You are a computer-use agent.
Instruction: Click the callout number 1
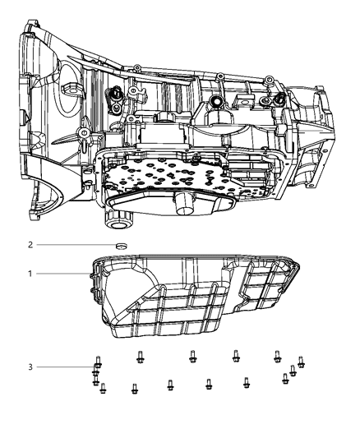(30, 274)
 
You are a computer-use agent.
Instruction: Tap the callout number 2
(30, 245)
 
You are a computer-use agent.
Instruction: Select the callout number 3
(30, 367)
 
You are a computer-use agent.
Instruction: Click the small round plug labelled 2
(121, 246)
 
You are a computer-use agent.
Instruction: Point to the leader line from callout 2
(76, 245)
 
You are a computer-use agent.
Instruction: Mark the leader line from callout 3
(66, 367)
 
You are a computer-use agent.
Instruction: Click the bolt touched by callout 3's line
(98, 362)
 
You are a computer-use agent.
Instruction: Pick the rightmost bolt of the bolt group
(301, 362)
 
